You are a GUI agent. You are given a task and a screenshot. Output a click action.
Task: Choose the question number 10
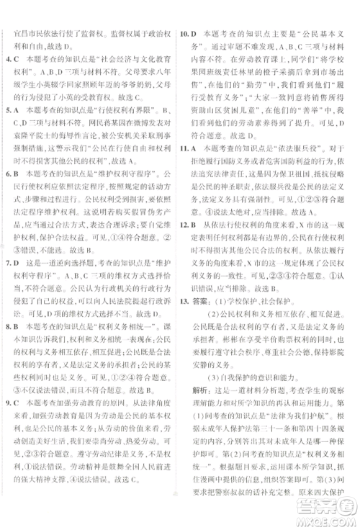point(184,34)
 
